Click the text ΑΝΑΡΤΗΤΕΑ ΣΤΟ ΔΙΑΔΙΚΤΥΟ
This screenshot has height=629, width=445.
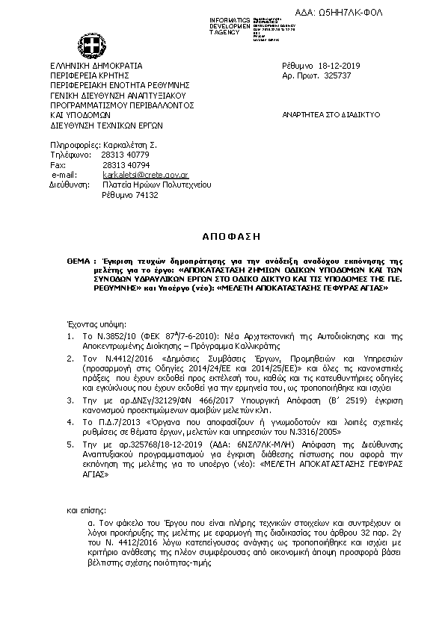pyautogui.click(x=331, y=115)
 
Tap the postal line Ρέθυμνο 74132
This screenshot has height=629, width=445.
pyautogui.click(x=130, y=193)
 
